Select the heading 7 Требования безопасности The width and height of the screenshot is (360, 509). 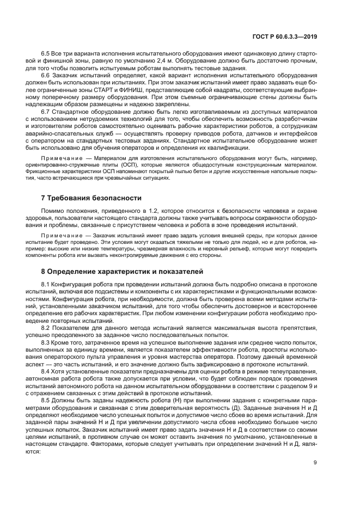(x=91, y=198)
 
